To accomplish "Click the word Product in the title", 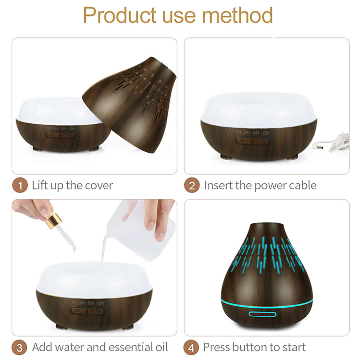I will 118,15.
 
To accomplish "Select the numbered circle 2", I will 192,186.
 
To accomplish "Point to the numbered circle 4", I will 192,348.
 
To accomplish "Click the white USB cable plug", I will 319,146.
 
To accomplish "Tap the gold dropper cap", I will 53,220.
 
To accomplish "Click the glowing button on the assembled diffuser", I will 262,314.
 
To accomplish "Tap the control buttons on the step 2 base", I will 253,141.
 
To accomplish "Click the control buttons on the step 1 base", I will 60,135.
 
